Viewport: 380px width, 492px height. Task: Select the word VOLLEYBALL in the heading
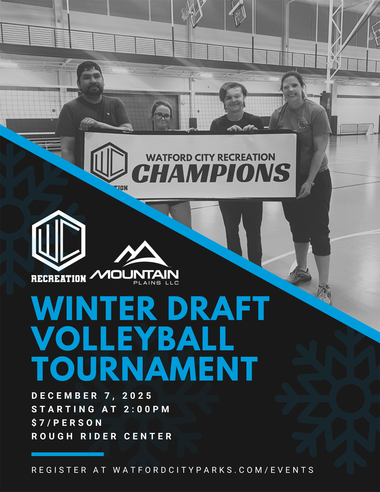pos(133,339)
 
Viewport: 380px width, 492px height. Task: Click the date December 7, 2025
pos(92,396)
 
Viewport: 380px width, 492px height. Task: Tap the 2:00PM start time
pos(147,409)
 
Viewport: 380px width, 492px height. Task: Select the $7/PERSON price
pos(67,423)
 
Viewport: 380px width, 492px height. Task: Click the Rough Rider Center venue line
pos(102,436)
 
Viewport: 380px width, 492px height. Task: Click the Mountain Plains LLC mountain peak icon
pos(140,254)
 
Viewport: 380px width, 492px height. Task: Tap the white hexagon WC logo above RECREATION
pos(59,241)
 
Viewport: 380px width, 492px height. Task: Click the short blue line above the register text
pos(67,454)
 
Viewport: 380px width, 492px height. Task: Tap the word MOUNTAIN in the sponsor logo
pos(134,275)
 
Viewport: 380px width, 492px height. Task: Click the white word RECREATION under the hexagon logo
pos(58,279)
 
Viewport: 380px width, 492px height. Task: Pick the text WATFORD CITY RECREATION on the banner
pos(210,157)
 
